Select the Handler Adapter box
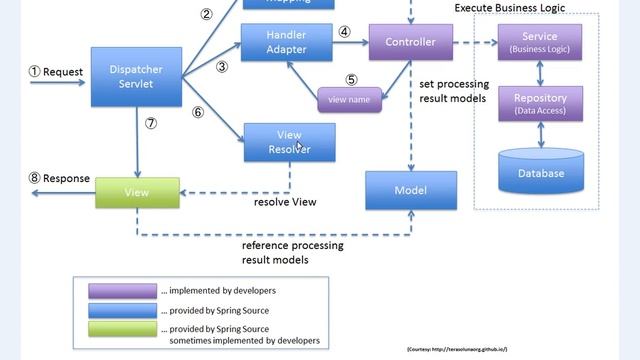pyautogui.click(x=286, y=42)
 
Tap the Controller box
pyautogui.click(x=410, y=42)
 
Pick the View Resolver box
pyautogui.click(x=289, y=142)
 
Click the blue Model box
pyautogui.click(x=410, y=190)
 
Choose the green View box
pyautogui.click(x=136, y=193)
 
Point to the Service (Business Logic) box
pyautogui.click(x=540, y=42)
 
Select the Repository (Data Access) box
pyautogui.click(x=540, y=103)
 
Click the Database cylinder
pyautogui.click(x=540, y=170)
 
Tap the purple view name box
pyautogui.click(x=350, y=100)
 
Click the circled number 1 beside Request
pyautogui.click(x=33, y=72)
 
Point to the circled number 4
pyautogui.click(x=344, y=32)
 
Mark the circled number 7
pyautogui.click(x=151, y=124)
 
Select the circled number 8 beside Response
pyautogui.click(x=34, y=179)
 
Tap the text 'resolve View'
pyautogui.click(x=285, y=202)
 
